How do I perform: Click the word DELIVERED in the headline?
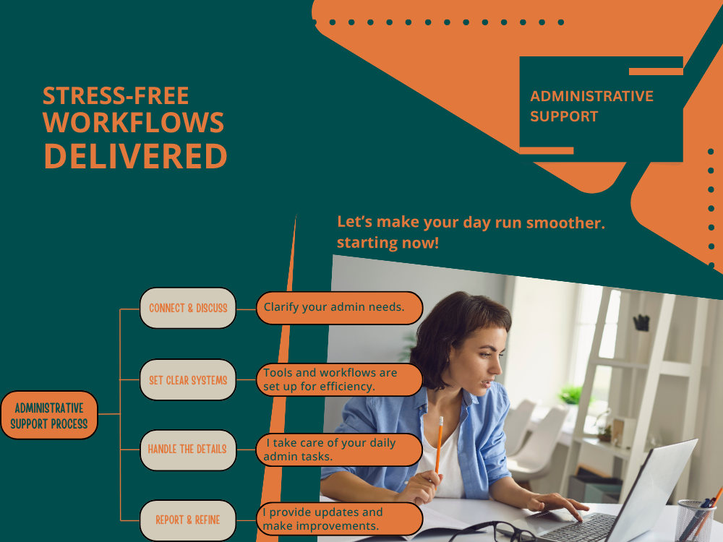tap(136, 156)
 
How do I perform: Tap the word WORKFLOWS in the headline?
tap(133, 122)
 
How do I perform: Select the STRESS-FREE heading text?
tap(116, 96)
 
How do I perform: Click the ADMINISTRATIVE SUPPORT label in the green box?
tap(591, 106)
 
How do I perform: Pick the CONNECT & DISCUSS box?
tap(188, 308)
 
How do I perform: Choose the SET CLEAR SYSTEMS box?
tap(188, 380)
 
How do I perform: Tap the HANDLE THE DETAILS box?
tap(188, 449)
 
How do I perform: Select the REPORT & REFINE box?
tap(188, 520)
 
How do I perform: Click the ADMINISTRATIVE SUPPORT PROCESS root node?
tap(49, 416)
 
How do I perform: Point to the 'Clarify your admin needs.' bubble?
tap(339, 308)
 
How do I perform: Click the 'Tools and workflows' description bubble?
tap(339, 379)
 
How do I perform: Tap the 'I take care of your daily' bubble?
tap(339, 449)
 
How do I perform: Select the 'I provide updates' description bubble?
tap(339, 519)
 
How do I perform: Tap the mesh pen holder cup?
tap(696, 521)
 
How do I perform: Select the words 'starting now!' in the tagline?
tap(388, 242)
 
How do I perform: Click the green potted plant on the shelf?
tap(572, 395)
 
